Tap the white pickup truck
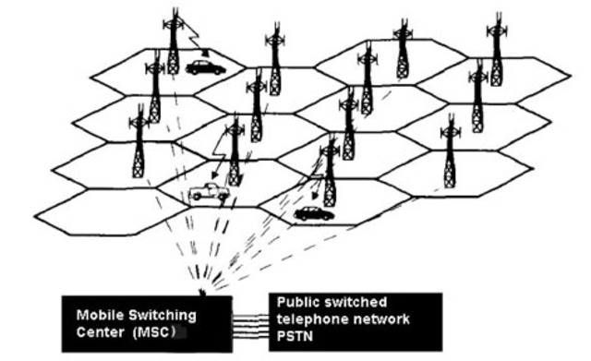point(208,193)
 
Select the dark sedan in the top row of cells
point(204,67)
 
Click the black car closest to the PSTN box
point(313,214)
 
